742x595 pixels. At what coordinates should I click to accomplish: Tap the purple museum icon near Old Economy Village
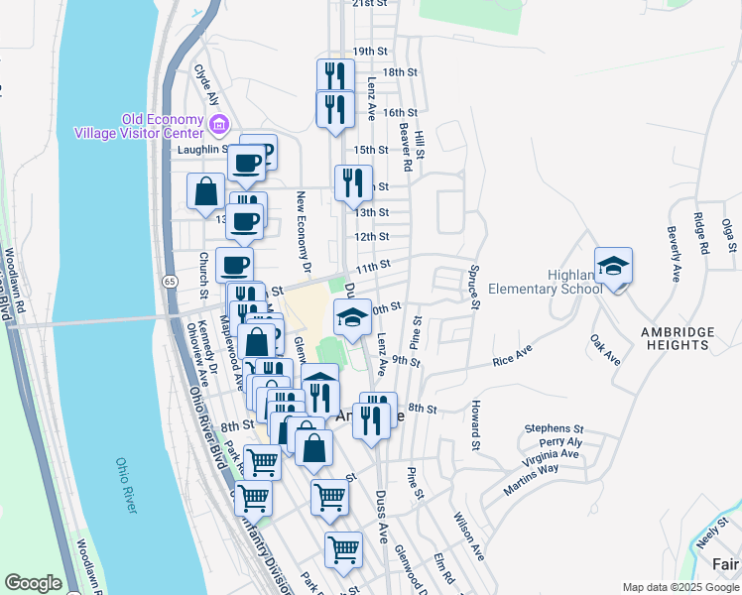pos(219,125)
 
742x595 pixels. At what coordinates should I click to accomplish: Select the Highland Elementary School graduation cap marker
pos(613,266)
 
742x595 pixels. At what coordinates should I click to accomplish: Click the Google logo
pos(33,583)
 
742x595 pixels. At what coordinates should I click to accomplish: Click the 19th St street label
pos(369,51)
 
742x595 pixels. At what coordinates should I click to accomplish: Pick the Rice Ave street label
pos(512,355)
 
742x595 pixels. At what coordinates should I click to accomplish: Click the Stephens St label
pos(555,428)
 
